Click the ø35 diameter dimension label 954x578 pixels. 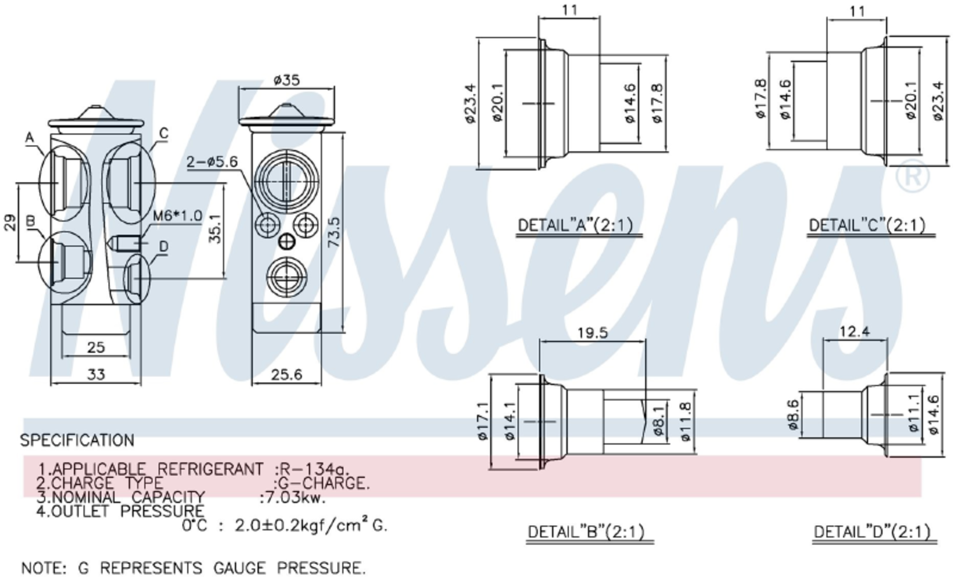[287, 79]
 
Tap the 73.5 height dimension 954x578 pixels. [335, 232]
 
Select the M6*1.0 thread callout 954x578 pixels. [177, 216]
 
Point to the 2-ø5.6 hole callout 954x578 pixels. [212, 162]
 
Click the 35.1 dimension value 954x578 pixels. [216, 229]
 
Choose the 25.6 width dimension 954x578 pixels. [287, 375]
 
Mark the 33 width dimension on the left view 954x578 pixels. [96, 375]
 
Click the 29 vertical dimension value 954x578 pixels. [10, 223]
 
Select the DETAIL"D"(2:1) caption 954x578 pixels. [872, 532]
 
